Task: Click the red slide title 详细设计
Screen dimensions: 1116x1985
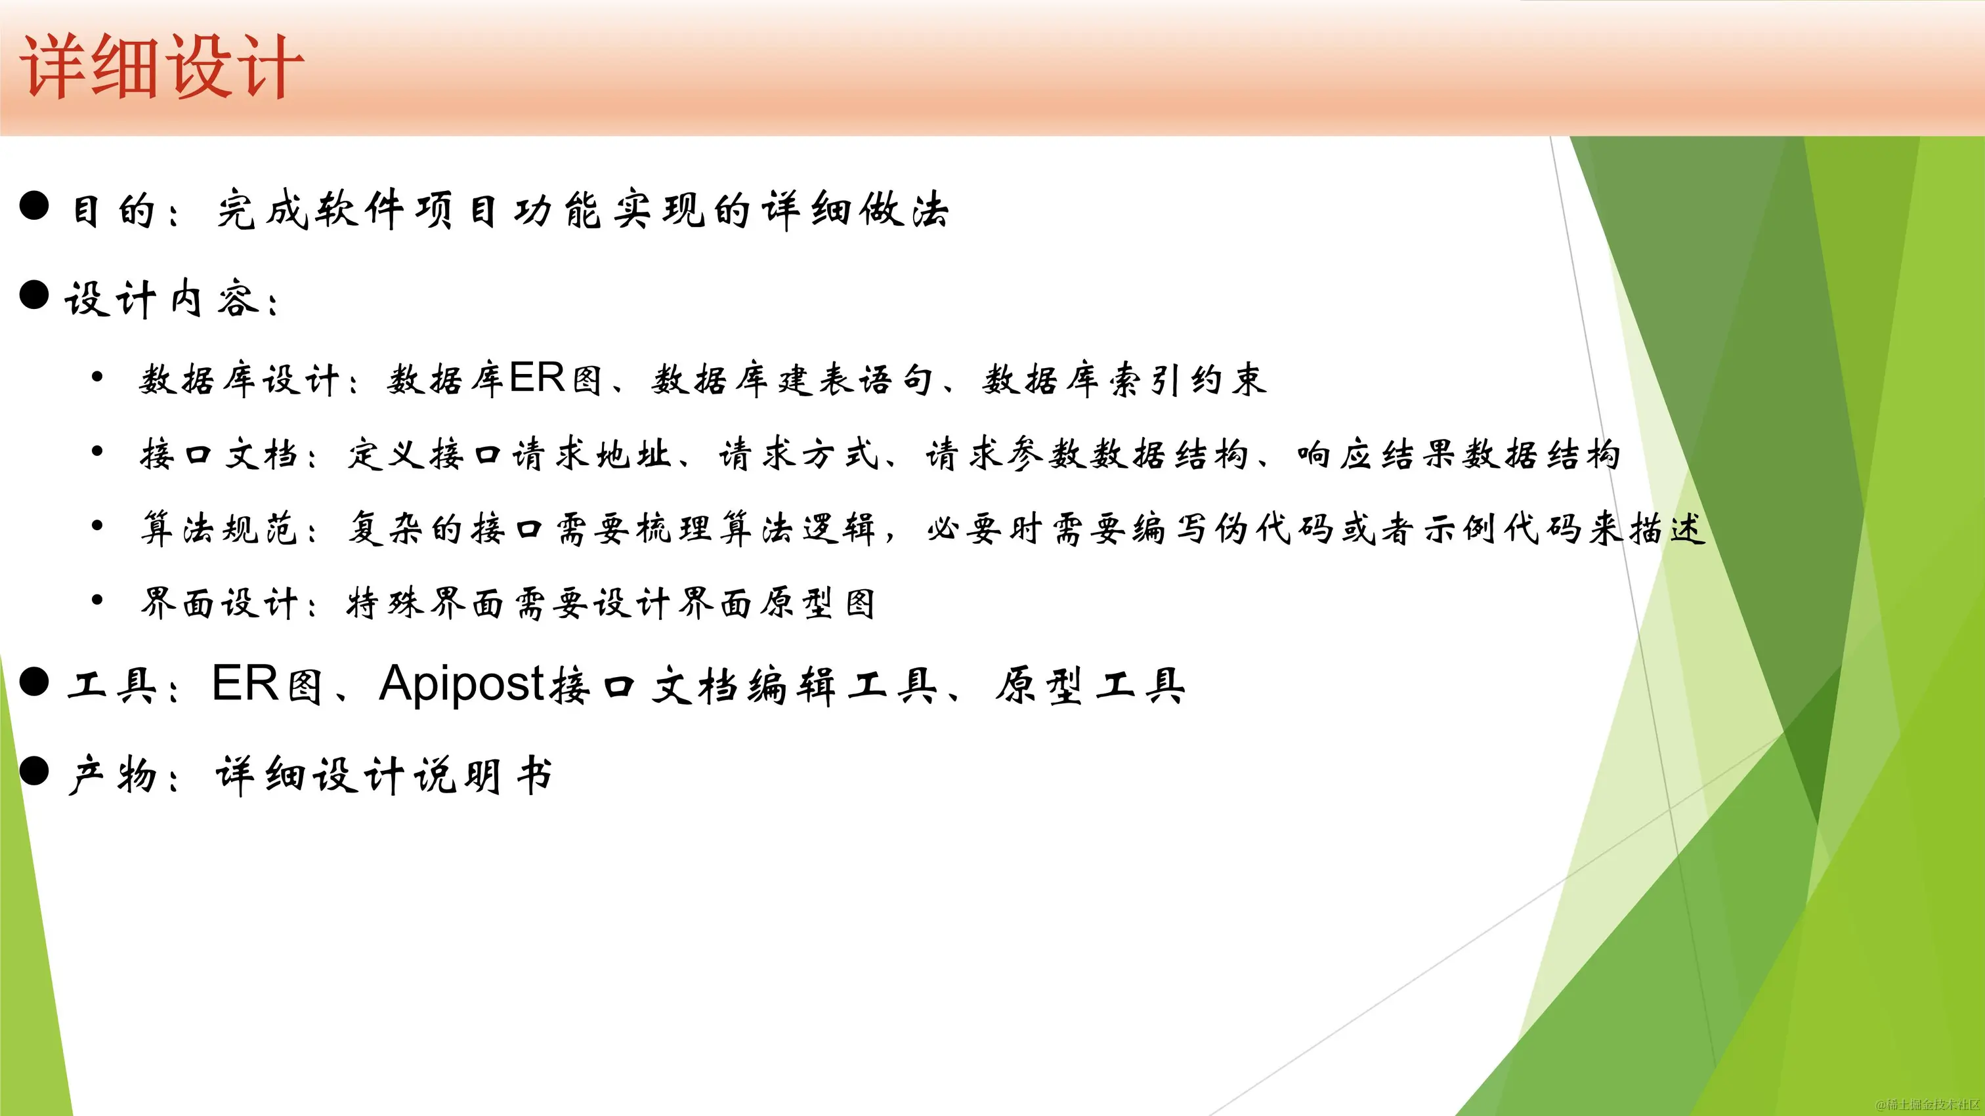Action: (162, 68)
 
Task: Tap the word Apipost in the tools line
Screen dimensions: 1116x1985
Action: (461, 684)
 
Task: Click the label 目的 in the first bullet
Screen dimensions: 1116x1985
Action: (114, 210)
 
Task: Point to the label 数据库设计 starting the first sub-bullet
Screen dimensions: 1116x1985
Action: (239, 380)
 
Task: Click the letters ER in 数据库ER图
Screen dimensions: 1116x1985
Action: (537, 378)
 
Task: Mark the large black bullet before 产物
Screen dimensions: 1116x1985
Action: (34, 771)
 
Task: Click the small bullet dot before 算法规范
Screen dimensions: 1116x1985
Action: (97, 526)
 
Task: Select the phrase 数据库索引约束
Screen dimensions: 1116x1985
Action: (1124, 380)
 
